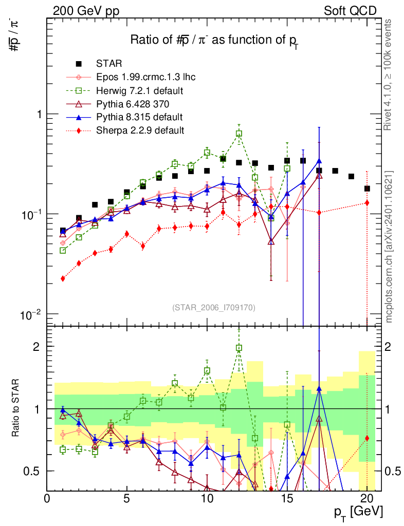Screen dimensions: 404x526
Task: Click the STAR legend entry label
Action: point(109,63)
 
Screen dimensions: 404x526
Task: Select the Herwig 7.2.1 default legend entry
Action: point(140,90)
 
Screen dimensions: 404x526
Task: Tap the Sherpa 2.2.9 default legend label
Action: point(140,130)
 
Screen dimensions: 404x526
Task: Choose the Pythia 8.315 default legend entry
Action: point(139,117)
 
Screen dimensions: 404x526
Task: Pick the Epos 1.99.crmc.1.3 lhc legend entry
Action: point(145,77)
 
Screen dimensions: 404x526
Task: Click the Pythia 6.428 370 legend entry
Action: point(133,104)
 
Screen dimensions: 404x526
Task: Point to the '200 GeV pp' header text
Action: point(86,11)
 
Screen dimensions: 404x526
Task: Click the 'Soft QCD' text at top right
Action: point(350,11)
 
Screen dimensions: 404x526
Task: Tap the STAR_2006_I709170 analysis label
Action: point(214,307)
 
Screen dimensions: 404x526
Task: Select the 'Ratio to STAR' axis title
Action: point(15,408)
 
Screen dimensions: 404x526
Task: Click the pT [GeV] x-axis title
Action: point(358,512)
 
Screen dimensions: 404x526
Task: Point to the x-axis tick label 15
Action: point(287,498)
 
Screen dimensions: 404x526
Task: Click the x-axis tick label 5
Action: point(127,498)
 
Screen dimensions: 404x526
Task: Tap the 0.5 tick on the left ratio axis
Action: point(31,471)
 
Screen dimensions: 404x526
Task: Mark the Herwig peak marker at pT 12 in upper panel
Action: point(239,134)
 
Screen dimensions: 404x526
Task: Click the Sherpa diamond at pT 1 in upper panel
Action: point(63,278)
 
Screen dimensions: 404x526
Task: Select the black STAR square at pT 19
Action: point(352,177)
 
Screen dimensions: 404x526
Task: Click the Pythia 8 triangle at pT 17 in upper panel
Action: point(319,161)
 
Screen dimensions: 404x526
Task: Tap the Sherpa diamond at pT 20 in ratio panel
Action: point(367,438)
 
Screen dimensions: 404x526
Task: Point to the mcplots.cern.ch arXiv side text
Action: point(389,247)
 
